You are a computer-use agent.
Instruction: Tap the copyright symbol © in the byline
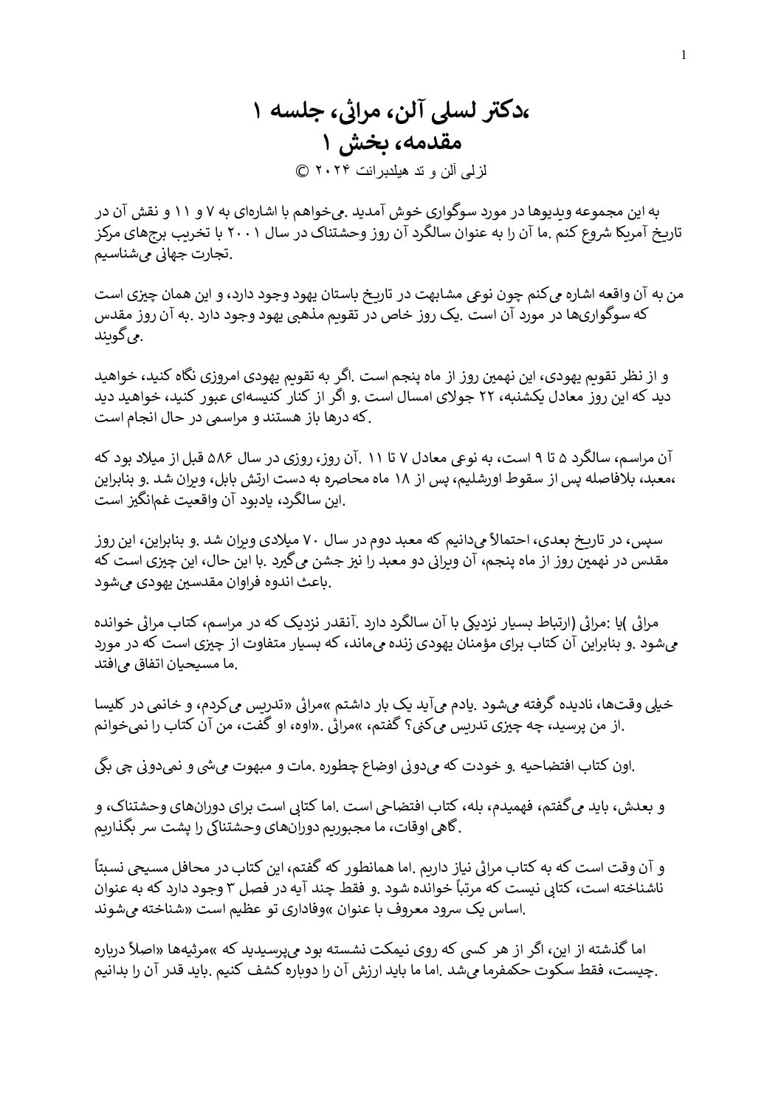tap(301, 169)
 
